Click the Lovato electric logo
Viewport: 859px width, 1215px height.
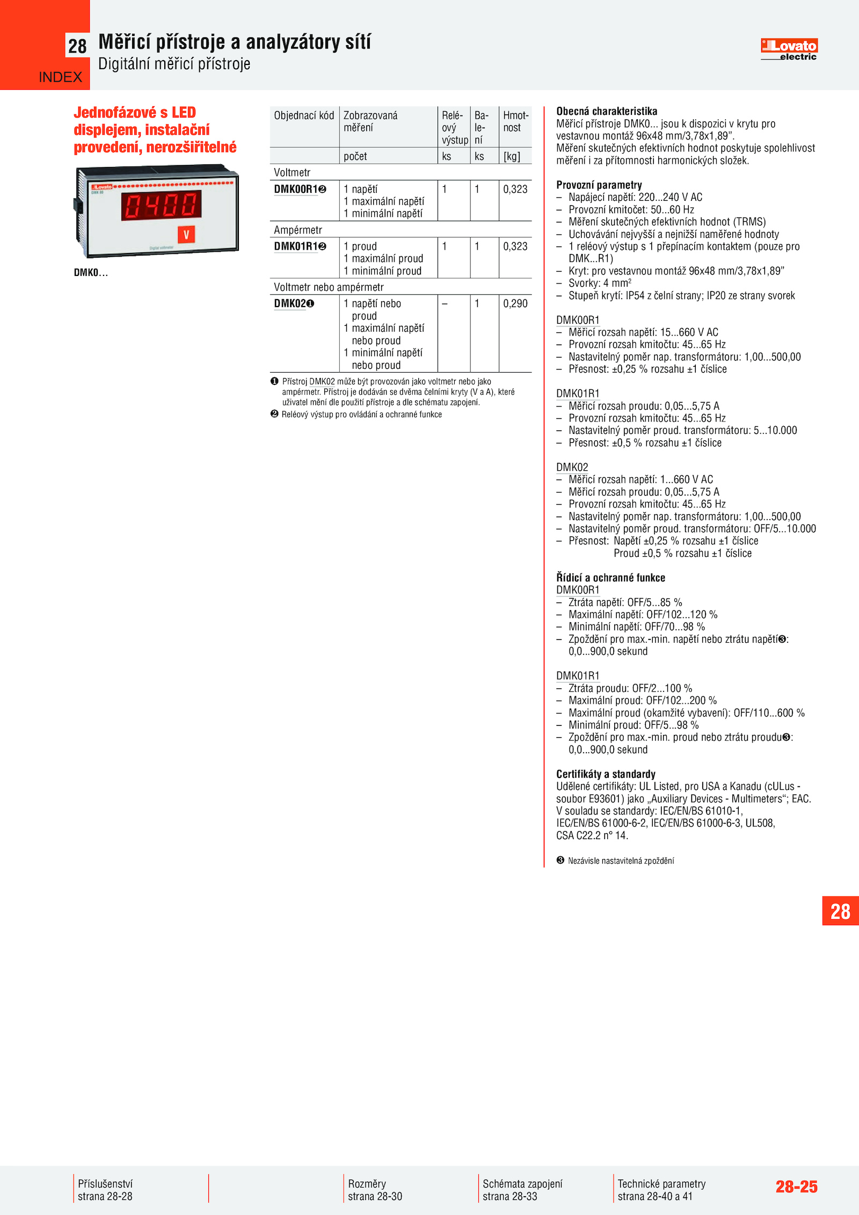point(789,49)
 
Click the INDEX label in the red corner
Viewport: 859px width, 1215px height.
point(60,77)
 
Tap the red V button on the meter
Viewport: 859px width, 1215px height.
point(186,235)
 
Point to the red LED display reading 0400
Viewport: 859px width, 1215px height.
point(161,205)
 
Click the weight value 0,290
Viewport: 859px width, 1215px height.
point(515,304)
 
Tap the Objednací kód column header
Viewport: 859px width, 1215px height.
point(304,116)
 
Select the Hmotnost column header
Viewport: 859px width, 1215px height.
point(515,122)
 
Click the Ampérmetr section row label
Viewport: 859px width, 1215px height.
point(298,230)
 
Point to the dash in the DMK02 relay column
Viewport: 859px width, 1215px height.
point(445,304)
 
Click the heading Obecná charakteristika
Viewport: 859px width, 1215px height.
point(607,112)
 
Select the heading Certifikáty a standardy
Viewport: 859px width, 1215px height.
point(606,774)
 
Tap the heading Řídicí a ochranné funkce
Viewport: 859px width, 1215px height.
point(610,578)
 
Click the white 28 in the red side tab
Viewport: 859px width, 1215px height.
point(840,911)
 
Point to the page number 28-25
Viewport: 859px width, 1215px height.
point(796,1187)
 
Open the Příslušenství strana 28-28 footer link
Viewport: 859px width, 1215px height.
point(105,1190)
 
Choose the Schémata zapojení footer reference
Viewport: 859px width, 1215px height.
point(522,1190)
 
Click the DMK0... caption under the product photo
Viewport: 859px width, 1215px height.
point(91,273)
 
